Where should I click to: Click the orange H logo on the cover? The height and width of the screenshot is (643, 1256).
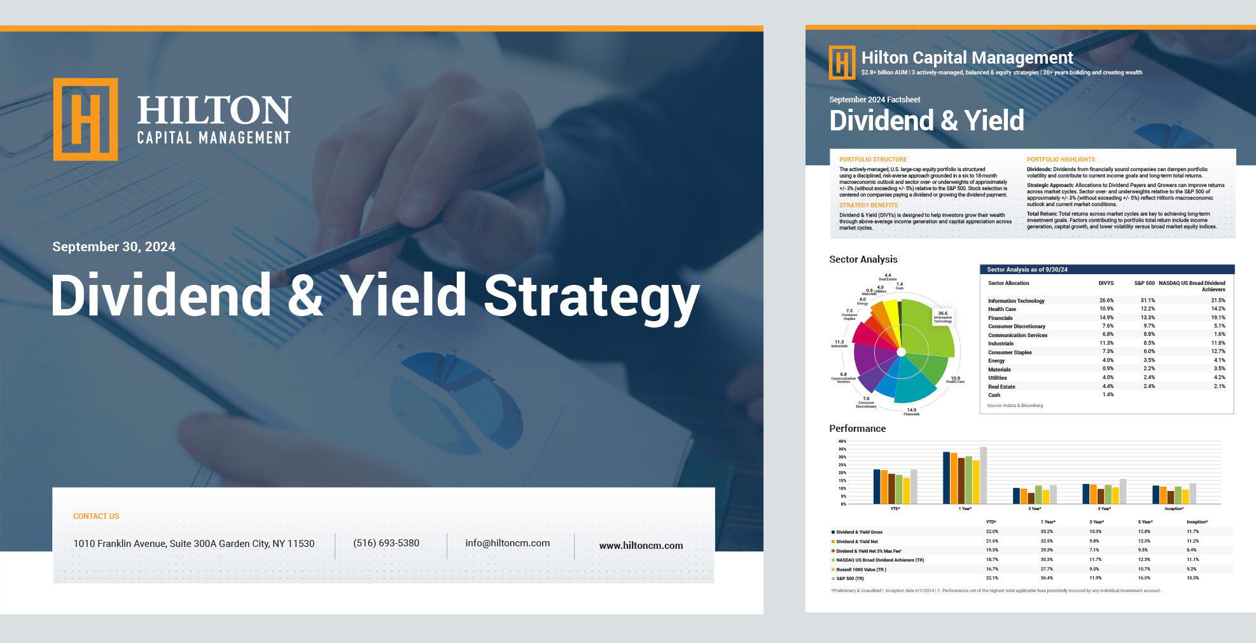click(85, 119)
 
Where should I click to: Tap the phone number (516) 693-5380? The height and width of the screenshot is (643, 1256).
click(386, 543)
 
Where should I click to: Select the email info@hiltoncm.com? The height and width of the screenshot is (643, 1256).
click(507, 543)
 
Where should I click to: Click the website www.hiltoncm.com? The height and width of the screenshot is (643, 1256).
click(641, 546)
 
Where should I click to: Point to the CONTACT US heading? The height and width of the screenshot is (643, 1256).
click(96, 516)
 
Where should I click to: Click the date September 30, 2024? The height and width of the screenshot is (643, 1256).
click(114, 247)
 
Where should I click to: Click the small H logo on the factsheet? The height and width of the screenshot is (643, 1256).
click(842, 62)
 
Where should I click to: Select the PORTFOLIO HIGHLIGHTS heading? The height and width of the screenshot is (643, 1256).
click(1061, 160)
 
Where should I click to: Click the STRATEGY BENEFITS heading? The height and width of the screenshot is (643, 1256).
click(869, 205)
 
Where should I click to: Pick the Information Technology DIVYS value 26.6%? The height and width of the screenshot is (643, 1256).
click(1106, 301)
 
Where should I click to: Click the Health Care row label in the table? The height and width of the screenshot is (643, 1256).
click(1001, 309)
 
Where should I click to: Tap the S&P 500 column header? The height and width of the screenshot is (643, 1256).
click(1144, 283)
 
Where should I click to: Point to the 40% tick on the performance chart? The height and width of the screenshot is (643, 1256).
click(842, 441)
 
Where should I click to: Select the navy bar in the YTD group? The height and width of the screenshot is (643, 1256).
click(877, 487)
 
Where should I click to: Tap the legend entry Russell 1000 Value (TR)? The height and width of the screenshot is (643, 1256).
click(861, 570)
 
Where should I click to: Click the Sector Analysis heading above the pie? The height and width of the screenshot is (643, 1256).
click(863, 259)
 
